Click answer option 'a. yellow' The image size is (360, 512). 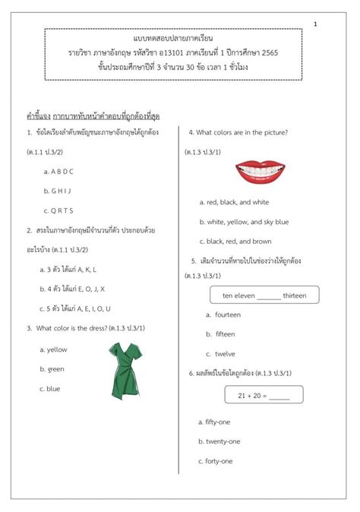pyautogui.click(x=54, y=349)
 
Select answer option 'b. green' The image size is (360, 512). pyautogui.click(x=52, y=368)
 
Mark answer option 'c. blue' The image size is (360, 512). pyautogui.click(x=50, y=388)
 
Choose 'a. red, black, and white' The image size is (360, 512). pyautogui.click(x=234, y=202)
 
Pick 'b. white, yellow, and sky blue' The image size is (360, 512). pyautogui.click(x=244, y=222)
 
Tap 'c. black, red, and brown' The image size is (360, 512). pyautogui.click(x=235, y=242)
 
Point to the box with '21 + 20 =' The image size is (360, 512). pyautogui.click(x=264, y=394)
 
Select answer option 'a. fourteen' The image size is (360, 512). pyautogui.click(x=223, y=314)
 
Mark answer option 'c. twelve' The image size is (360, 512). pyautogui.click(x=220, y=353)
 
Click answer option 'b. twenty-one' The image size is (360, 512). pyautogui.click(x=219, y=441)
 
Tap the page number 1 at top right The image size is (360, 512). pyautogui.click(x=315, y=25)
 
